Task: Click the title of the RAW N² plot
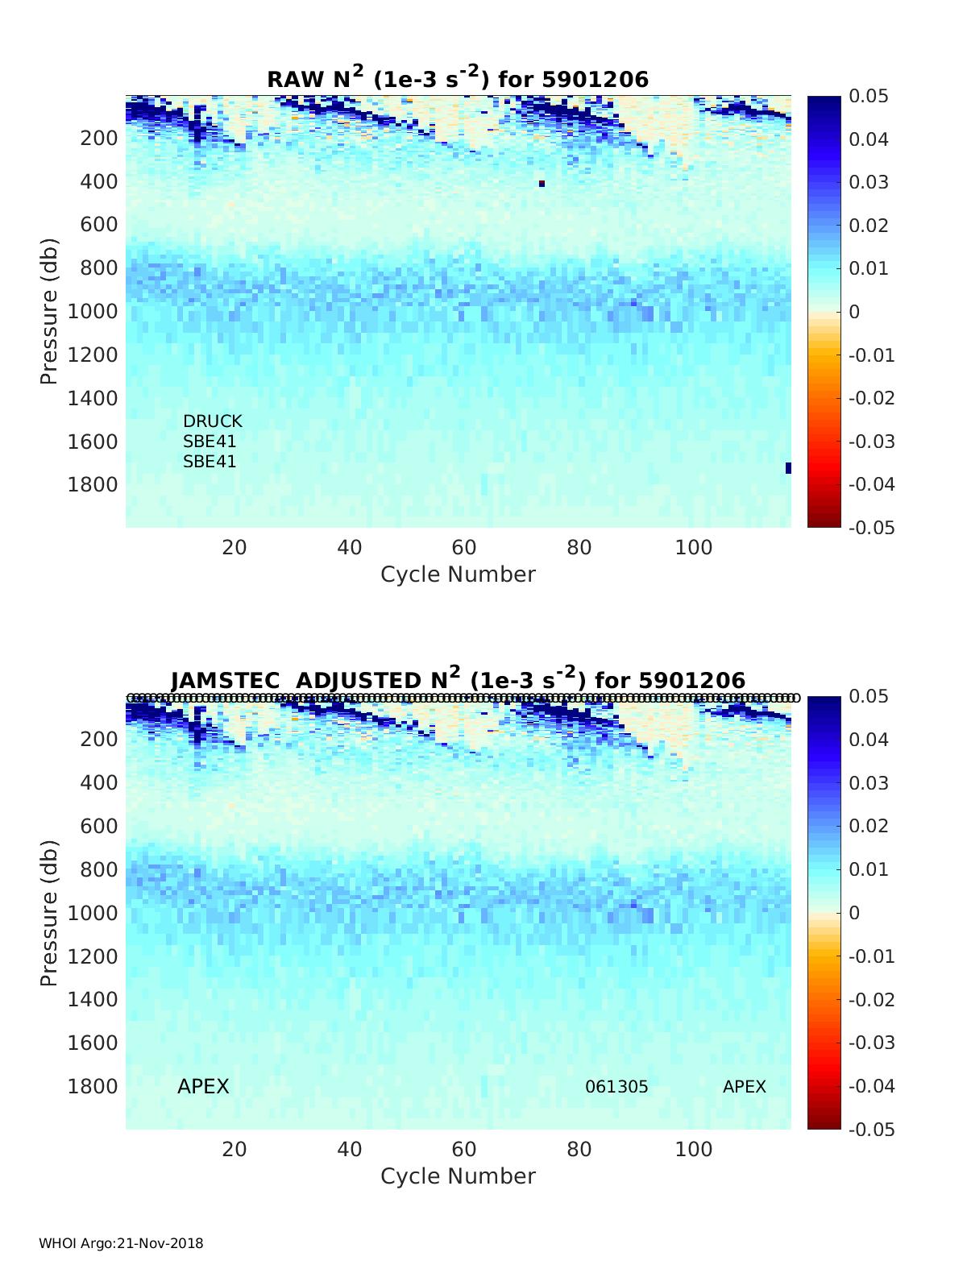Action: click(x=458, y=78)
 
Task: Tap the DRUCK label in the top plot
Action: click(x=212, y=421)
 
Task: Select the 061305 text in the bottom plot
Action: click(x=616, y=1087)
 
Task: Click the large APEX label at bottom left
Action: click(x=203, y=1087)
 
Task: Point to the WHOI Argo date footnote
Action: click(x=121, y=1243)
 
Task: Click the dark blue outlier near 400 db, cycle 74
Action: click(x=542, y=184)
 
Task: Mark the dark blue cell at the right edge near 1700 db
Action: click(x=788, y=468)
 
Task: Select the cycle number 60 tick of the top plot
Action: click(x=464, y=548)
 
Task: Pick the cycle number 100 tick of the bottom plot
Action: click(x=694, y=1149)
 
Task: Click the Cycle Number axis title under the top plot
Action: click(x=458, y=574)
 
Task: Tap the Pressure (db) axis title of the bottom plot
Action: click(x=50, y=913)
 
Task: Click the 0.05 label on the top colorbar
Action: click(x=869, y=97)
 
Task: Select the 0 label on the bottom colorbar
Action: click(x=854, y=913)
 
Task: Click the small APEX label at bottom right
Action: click(x=744, y=1087)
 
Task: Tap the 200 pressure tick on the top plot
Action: click(x=99, y=138)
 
